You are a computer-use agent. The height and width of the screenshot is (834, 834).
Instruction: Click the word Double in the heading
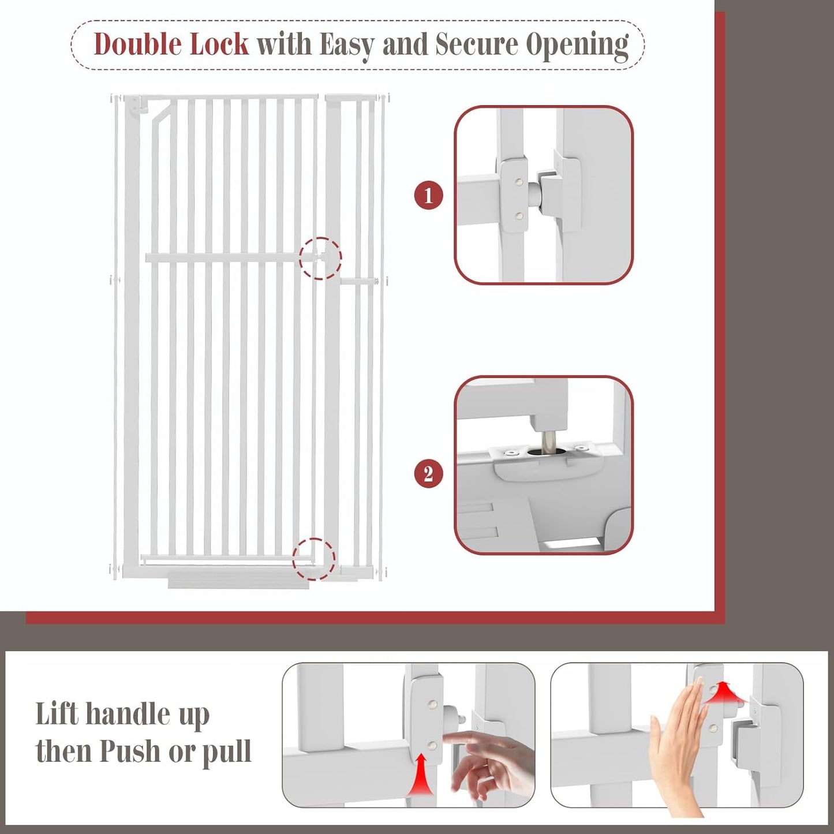click(137, 44)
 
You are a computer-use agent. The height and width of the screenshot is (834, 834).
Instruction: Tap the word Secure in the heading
click(476, 44)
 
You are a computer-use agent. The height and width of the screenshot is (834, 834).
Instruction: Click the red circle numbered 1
click(428, 196)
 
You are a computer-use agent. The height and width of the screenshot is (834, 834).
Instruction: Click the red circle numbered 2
click(428, 474)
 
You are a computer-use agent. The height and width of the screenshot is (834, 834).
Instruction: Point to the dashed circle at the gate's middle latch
click(320, 259)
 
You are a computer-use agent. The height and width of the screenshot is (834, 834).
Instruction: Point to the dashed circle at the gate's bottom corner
click(313, 559)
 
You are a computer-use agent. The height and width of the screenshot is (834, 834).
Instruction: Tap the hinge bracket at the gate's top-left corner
click(134, 107)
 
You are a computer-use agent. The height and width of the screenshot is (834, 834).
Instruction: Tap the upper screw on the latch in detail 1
click(519, 181)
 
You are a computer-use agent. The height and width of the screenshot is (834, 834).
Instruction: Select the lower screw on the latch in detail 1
click(519, 216)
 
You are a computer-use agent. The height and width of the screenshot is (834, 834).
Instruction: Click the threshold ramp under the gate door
click(238, 582)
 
